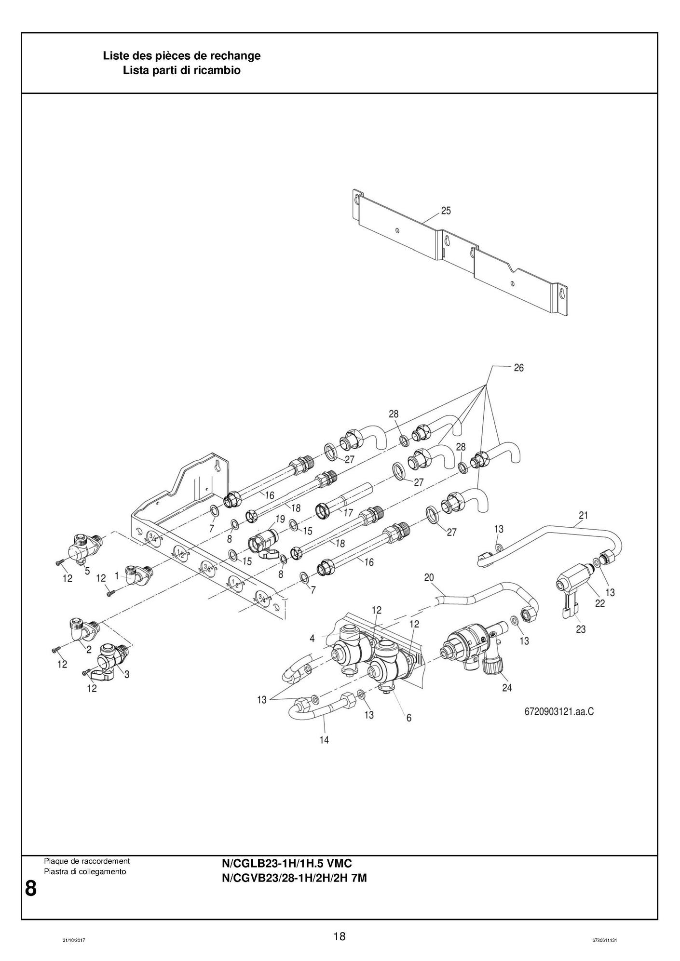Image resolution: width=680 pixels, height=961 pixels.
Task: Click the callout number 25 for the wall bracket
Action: [446, 211]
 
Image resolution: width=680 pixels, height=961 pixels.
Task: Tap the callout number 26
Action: [518, 368]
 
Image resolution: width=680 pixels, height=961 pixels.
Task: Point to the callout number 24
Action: [506, 688]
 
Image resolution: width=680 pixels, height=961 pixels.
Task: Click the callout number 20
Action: [429, 577]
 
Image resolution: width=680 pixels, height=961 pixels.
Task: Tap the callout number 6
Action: [408, 718]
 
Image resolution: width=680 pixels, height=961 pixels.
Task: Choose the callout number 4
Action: [312, 638]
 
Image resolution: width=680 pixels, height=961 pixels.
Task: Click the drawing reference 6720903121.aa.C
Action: [559, 711]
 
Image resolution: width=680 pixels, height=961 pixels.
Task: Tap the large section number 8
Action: [30, 888]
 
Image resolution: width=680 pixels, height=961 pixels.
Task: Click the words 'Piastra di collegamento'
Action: [84, 872]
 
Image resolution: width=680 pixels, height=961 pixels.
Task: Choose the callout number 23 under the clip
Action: [581, 629]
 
